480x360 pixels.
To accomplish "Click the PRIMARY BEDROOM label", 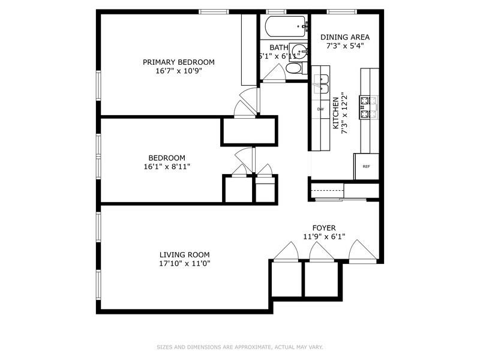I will click(178, 62).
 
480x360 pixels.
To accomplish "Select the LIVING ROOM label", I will click(184, 254).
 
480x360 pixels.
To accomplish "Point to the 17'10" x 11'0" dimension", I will click(184, 263).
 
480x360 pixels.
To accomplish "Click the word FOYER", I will click(323, 228).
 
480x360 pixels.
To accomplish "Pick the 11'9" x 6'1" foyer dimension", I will click(323, 236).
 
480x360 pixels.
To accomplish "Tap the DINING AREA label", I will click(345, 37).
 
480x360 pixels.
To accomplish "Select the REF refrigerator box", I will click(366, 166).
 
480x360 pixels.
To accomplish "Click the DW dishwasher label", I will click(320, 109).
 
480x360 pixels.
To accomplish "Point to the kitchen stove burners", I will click(367, 106).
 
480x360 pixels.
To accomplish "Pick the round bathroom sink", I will click(298, 50).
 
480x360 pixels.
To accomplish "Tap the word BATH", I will click(278, 47).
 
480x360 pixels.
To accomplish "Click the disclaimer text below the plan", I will click(239, 347).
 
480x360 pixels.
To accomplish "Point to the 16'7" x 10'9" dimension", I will click(178, 70).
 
